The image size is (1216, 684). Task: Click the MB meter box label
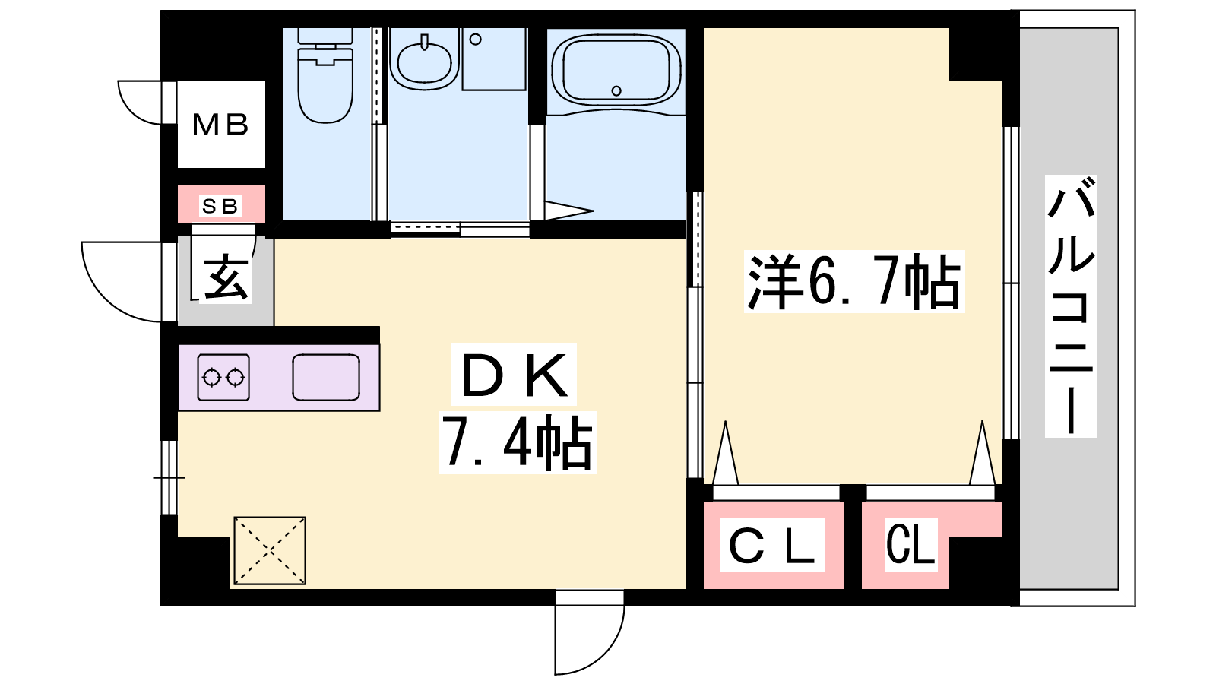(221, 125)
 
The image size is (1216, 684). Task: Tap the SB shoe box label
(220, 206)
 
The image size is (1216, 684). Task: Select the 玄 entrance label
(226, 278)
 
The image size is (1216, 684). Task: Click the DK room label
(514, 375)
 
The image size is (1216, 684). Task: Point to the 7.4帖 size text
(518, 442)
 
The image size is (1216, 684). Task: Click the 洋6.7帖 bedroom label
(854, 281)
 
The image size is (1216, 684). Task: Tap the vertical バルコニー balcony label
(1071, 307)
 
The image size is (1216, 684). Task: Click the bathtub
(616, 71)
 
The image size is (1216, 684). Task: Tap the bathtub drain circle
(616, 90)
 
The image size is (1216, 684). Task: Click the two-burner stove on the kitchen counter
(223, 377)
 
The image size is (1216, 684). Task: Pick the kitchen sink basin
(326, 377)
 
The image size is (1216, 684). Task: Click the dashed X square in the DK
(270, 550)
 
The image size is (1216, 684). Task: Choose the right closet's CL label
(911, 544)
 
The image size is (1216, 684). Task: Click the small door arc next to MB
(130, 112)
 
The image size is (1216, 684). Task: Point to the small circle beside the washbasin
(476, 40)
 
